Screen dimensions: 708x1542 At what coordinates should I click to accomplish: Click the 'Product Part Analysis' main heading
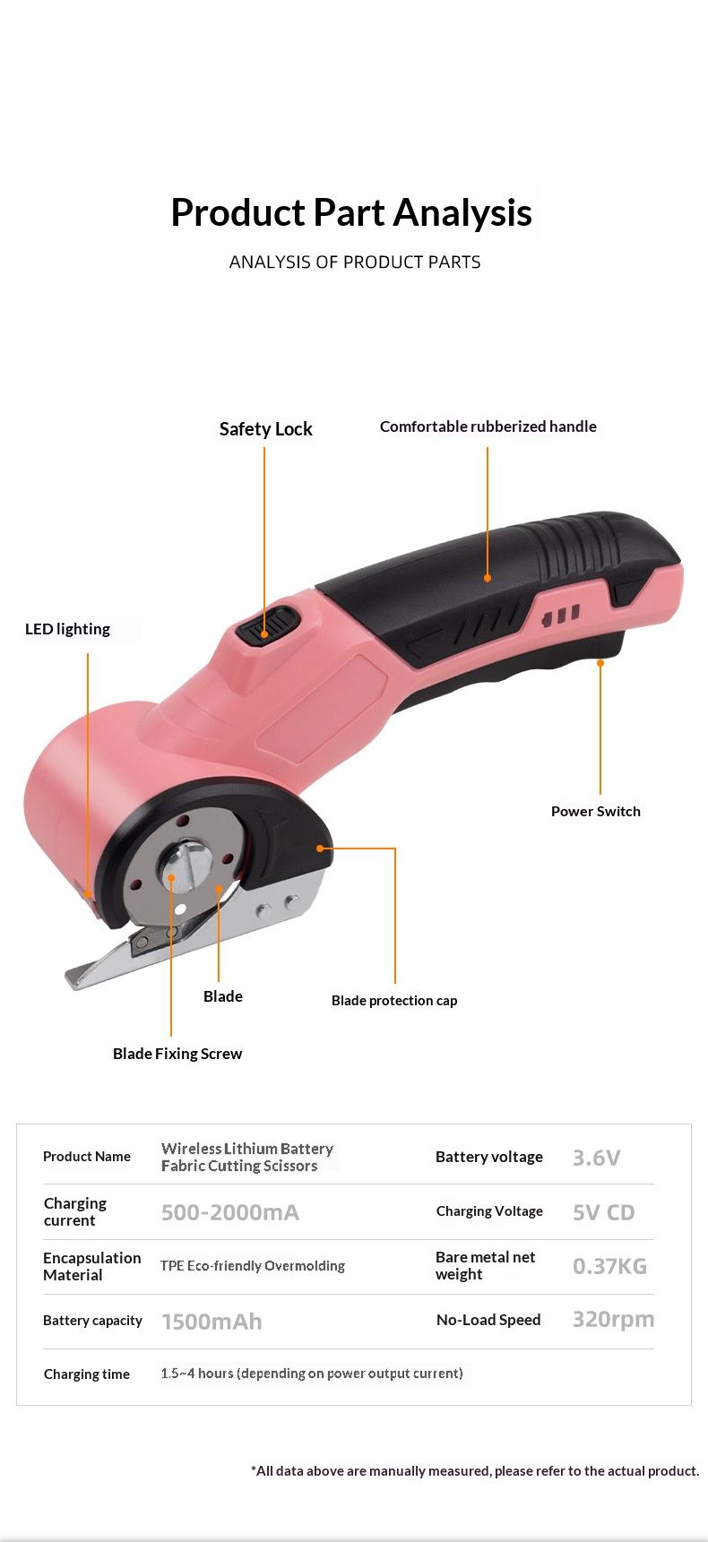(351, 213)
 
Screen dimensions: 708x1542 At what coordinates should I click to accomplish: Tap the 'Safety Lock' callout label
(265, 429)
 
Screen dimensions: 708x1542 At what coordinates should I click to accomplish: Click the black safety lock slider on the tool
(267, 625)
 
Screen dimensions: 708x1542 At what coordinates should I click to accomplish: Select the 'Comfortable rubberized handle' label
(488, 426)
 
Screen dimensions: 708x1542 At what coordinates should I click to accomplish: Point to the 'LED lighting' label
(67, 629)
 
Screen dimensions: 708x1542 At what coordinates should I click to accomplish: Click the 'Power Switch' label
(596, 811)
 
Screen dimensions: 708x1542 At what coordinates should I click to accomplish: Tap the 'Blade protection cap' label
(394, 1001)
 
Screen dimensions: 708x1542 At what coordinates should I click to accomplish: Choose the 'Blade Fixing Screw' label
(177, 1054)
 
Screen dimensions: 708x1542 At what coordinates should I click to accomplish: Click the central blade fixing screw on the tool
(186, 864)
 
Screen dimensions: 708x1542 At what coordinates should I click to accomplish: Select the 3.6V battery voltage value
(596, 1158)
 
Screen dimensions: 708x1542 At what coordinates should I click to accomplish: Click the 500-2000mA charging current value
(230, 1212)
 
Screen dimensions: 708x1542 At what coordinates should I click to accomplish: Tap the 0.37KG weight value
(609, 1266)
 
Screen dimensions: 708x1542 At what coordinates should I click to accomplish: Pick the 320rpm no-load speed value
(613, 1320)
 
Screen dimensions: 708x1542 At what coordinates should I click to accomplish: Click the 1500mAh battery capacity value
(212, 1322)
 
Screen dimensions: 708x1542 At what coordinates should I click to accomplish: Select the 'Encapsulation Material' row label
(91, 1266)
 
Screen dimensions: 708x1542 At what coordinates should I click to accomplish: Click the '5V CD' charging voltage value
(603, 1212)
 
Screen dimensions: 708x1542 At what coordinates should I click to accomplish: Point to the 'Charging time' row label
(87, 1374)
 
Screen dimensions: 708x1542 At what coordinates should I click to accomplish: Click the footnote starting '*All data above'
(475, 1470)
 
